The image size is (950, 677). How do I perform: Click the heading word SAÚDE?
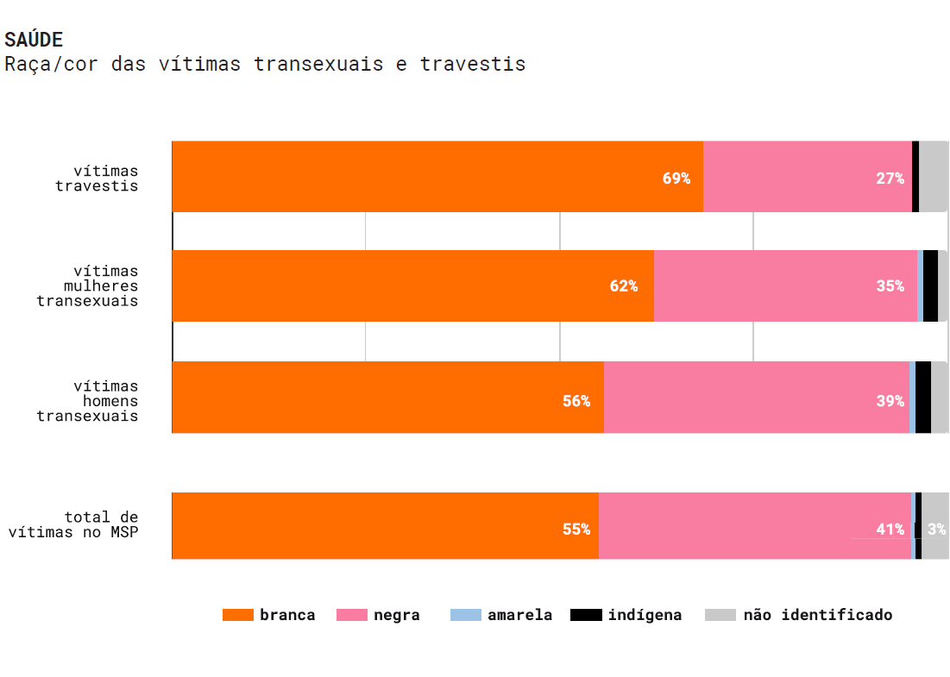click(x=34, y=40)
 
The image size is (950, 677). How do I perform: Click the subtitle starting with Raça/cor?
click(x=265, y=65)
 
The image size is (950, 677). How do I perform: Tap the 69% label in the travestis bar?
click(x=676, y=179)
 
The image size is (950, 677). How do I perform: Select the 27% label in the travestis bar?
click(x=890, y=179)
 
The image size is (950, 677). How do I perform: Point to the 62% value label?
click(x=623, y=286)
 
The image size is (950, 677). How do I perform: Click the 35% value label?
click(x=890, y=286)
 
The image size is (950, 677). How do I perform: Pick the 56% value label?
click(x=576, y=401)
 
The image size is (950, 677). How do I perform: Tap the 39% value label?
click(x=890, y=401)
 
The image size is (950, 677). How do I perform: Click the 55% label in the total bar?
click(x=576, y=530)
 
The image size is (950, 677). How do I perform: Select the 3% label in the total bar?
click(x=936, y=530)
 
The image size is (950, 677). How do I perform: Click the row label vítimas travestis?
click(x=97, y=179)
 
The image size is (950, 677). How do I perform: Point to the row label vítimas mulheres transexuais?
click(x=87, y=286)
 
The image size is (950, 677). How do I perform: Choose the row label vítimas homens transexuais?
click(x=87, y=401)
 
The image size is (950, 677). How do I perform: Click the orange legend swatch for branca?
click(x=238, y=615)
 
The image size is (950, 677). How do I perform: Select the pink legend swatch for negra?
click(x=351, y=615)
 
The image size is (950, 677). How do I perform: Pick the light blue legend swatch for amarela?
click(x=466, y=615)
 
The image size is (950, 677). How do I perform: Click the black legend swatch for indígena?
click(x=586, y=615)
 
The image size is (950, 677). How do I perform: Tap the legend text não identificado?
click(x=817, y=615)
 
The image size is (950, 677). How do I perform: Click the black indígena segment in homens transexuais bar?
click(x=922, y=398)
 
